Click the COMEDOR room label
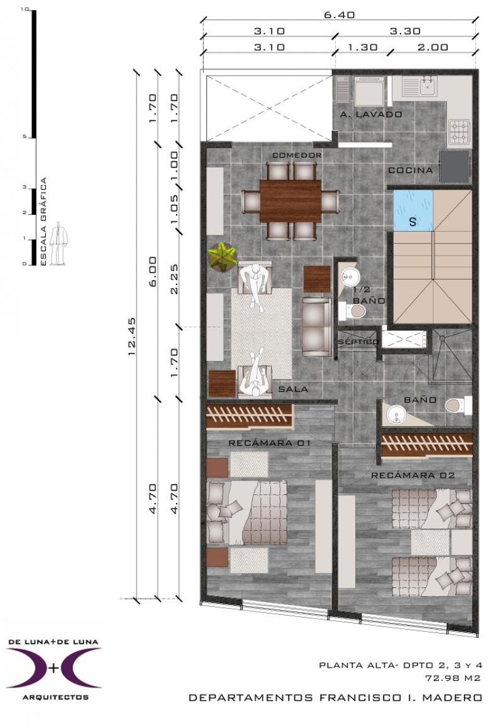(297, 155)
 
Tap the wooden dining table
(290, 201)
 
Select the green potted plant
(223, 257)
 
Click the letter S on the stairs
(412, 222)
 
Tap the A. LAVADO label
(371, 114)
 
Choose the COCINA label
(411, 170)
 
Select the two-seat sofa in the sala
(317, 327)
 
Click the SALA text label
(293, 389)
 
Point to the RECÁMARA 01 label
(269, 443)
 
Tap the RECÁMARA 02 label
(412, 475)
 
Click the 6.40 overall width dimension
(340, 15)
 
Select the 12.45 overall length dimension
(131, 336)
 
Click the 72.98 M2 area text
(453, 678)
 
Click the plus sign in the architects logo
(54, 668)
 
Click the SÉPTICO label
(358, 342)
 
